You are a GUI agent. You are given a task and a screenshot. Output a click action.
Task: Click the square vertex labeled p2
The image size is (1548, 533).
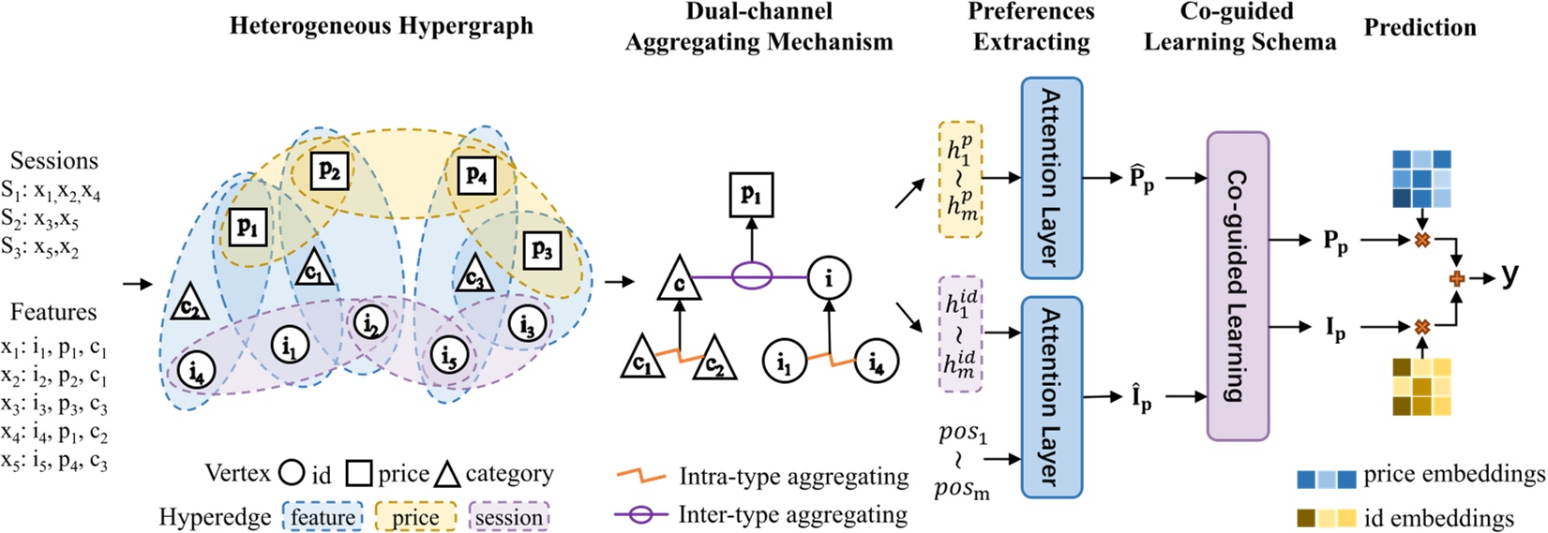[x=329, y=170]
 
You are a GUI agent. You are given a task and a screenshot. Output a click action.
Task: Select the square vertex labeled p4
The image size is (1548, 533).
[x=477, y=175]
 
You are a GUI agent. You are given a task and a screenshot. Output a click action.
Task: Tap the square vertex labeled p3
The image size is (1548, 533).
[x=542, y=249]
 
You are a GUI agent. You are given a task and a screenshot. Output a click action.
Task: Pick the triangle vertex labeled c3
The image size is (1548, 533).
[x=474, y=274]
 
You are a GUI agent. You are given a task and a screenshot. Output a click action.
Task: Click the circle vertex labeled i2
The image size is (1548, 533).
[x=370, y=323]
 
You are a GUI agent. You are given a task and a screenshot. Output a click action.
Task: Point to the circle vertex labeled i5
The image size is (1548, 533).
[x=449, y=356]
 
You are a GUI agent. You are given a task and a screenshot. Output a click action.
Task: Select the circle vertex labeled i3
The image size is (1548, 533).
[x=527, y=325]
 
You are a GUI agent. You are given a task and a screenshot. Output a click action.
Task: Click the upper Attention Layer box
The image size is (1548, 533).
[x=1051, y=178]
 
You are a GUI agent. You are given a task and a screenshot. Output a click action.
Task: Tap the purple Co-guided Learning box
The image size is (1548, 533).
[x=1237, y=286]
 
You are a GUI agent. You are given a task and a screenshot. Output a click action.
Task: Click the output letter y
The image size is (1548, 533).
[x=1509, y=274]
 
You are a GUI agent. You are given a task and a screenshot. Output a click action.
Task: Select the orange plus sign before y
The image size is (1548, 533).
[x=1457, y=278]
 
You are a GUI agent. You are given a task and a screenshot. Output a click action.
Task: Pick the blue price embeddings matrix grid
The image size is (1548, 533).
[x=1421, y=179]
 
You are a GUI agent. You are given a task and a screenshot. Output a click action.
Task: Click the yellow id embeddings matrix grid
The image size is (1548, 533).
[x=1421, y=386]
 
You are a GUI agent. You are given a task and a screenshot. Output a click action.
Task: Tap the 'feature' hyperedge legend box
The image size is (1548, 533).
[x=322, y=517]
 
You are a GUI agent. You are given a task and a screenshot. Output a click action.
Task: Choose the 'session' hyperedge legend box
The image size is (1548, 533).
[x=508, y=517]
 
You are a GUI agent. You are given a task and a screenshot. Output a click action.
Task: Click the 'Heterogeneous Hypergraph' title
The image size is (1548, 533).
[x=381, y=25]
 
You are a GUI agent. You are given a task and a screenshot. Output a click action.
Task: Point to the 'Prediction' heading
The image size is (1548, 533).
[x=1420, y=28]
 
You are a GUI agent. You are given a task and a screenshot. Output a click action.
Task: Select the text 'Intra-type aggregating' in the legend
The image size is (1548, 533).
[x=793, y=477]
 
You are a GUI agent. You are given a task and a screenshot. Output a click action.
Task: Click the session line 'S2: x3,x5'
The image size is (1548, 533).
[x=39, y=219]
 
